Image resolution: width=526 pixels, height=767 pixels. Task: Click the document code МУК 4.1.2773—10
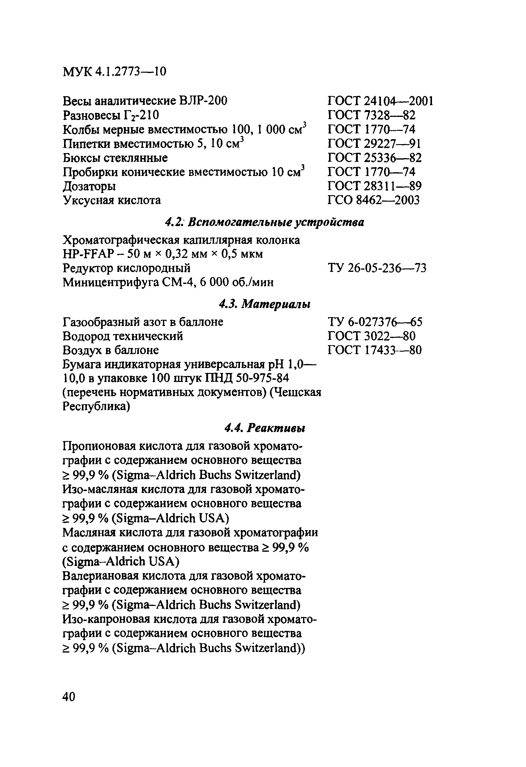(x=114, y=71)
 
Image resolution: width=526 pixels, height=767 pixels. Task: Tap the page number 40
(x=69, y=696)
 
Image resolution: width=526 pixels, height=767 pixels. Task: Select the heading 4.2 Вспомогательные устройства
(x=264, y=222)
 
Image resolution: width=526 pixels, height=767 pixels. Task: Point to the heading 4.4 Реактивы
(x=264, y=428)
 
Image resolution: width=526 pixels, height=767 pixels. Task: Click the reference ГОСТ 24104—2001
(x=380, y=101)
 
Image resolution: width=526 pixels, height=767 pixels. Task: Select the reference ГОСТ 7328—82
(x=371, y=115)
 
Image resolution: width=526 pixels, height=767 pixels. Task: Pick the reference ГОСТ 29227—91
(x=374, y=143)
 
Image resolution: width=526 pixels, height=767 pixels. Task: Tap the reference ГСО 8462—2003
(x=374, y=200)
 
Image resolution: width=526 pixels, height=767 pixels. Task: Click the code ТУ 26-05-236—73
(x=377, y=268)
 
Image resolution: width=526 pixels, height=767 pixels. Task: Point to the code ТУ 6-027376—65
(x=375, y=322)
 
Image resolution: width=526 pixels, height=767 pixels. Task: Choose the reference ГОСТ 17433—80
(x=374, y=350)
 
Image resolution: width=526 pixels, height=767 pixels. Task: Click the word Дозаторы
(x=89, y=186)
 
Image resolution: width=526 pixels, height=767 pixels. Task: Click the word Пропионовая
(x=98, y=446)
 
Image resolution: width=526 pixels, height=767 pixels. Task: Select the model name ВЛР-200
(x=203, y=101)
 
